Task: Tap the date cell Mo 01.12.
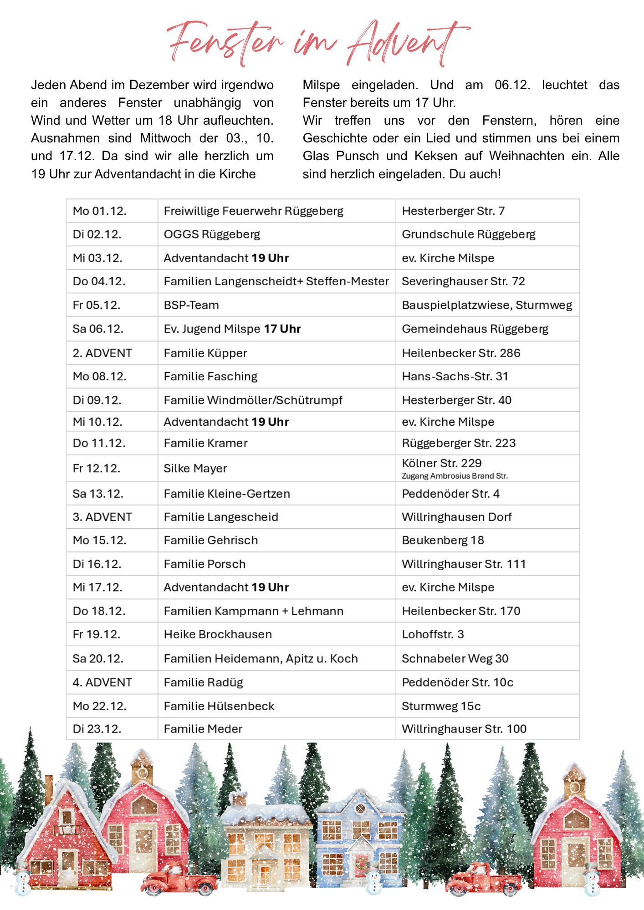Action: (x=99, y=211)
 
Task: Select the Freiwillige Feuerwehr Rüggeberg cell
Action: (x=253, y=211)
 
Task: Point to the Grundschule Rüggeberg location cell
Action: (x=468, y=234)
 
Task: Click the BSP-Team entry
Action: (x=191, y=305)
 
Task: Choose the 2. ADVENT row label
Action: (x=102, y=353)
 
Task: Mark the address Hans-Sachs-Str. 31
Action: (x=455, y=377)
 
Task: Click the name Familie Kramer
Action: (x=205, y=443)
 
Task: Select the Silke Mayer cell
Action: (x=195, y=469)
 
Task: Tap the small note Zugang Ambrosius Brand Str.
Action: (x=455, y=476)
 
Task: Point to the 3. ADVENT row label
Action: (x=102, y=517)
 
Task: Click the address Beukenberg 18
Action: (x=443, y=541)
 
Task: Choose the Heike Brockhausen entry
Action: (x=218, y=635)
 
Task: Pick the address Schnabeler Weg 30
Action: (x=455, y=659)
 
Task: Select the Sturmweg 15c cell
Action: (x=441, y=706)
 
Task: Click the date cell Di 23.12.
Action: (x=97, y=729)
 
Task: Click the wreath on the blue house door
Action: (x=361, y=862)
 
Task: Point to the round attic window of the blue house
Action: (x=360, y=809)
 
